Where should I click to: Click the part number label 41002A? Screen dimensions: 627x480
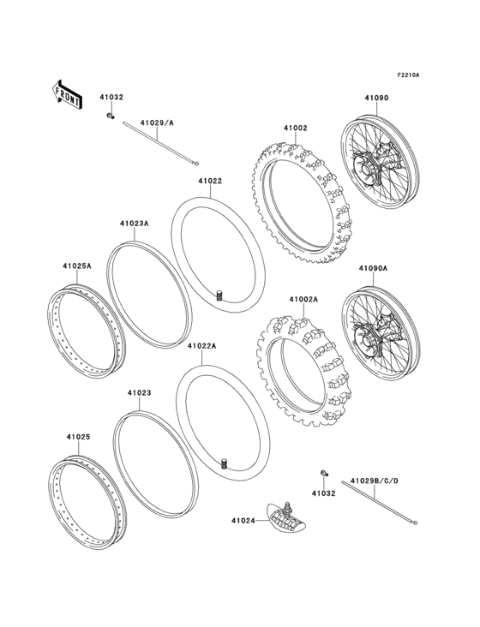coord(303,300)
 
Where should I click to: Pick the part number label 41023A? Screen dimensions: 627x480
coord(135,224)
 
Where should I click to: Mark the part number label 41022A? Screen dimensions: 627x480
coord(201,346)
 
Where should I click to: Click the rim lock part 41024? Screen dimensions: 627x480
coord(285,517)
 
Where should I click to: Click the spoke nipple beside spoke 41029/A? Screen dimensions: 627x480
coord(110,115)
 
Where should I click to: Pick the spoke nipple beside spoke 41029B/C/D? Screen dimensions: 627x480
coord(323,474)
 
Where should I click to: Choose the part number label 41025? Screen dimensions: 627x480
coord(78,436)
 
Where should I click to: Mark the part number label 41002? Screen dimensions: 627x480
coord(295,128)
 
